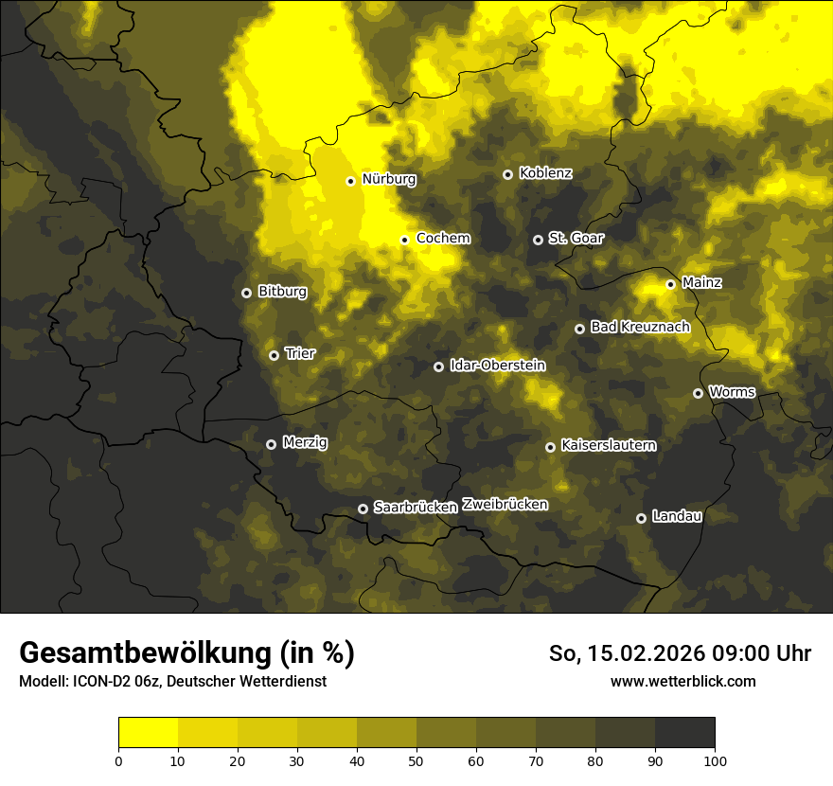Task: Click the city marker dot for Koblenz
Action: [x=507, y=174]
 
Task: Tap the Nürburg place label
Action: [x=388, y=179]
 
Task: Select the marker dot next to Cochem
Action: [x=404, y=240]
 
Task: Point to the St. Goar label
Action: [x=576, y=239]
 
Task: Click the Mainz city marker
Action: [x=670, y=284]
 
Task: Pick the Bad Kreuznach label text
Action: [x=640, y=327]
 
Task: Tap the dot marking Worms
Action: [x=698, y=393]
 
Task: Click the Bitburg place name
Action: [x=282, y=292]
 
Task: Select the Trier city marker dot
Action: [x=274, y=355]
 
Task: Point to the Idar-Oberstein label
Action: [x=497, y=366]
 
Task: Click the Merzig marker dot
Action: [x=271, y=444]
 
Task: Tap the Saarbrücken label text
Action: [x=415, y=508]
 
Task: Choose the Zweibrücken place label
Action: [x=505, y=505]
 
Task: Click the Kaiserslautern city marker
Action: [x=550, y=447]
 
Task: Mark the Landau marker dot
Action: [x=641, y=518]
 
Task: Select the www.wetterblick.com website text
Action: [x=682, y=681]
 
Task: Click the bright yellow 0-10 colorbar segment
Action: [x=148, y=733]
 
